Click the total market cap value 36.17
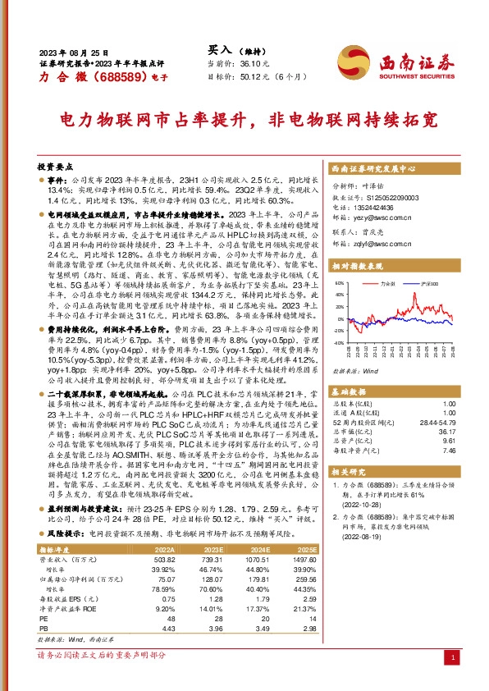(x=443, y=432)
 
